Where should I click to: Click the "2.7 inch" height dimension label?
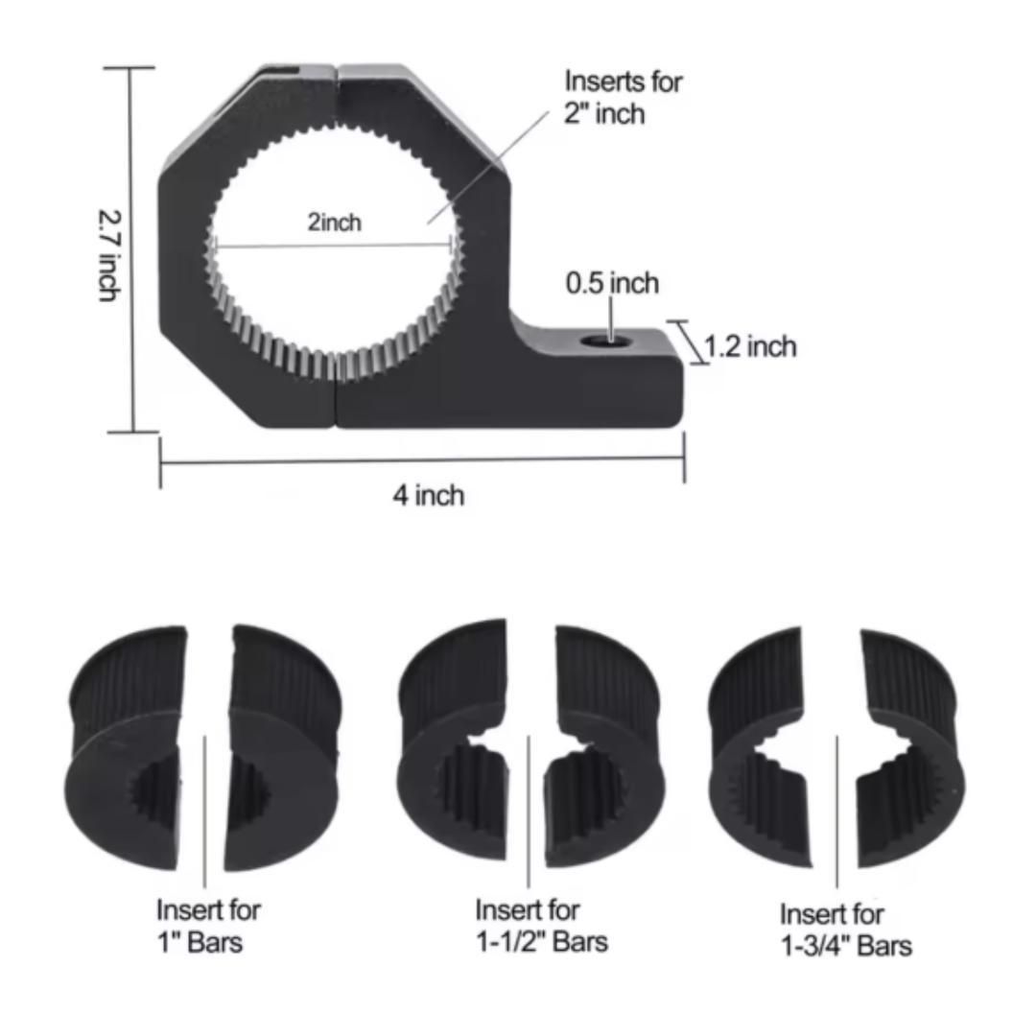click(109, 256)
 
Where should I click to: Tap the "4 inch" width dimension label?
click(429, 495)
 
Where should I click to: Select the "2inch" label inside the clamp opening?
click(335, 222)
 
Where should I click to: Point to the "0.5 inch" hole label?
click(612, 283)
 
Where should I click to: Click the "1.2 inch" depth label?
click(750, 346)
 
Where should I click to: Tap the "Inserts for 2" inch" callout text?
click(624, 97)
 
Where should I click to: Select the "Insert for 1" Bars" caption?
click(208, 926)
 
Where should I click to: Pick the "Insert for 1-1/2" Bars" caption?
click(541, 926)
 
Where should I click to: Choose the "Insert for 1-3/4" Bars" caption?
click(846, 930)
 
